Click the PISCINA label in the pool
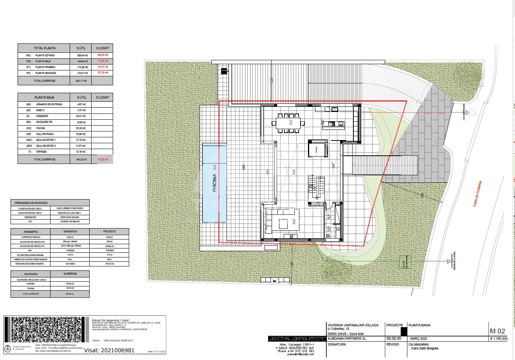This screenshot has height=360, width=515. click(x=214, y=183)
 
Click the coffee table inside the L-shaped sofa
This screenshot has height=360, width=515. click(x=283, y=224)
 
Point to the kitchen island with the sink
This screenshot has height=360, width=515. click(x=333, y=124)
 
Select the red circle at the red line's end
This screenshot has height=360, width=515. click(x=472, y=112)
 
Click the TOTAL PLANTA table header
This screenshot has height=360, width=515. click(x=44, y=48)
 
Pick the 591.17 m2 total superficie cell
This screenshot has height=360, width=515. click(x=81, y=81)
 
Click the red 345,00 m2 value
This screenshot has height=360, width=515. click(x=103, y=56)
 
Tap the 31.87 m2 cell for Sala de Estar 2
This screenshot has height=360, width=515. click(x=81, y=146)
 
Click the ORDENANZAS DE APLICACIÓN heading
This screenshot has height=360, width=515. click(x=31, y=203)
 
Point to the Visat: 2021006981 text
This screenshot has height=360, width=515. click(x=110, y=351)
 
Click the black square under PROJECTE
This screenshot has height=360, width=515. click(x=398, y=331)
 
